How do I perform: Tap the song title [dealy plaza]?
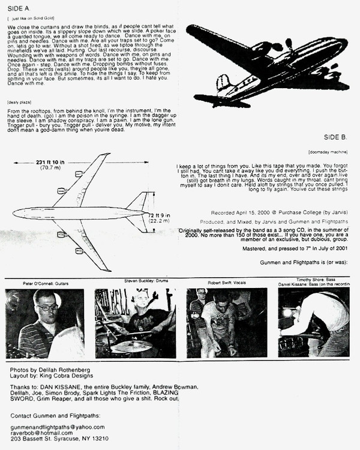(x=22, y=103)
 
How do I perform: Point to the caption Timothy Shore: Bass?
(x=315, y=279)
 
